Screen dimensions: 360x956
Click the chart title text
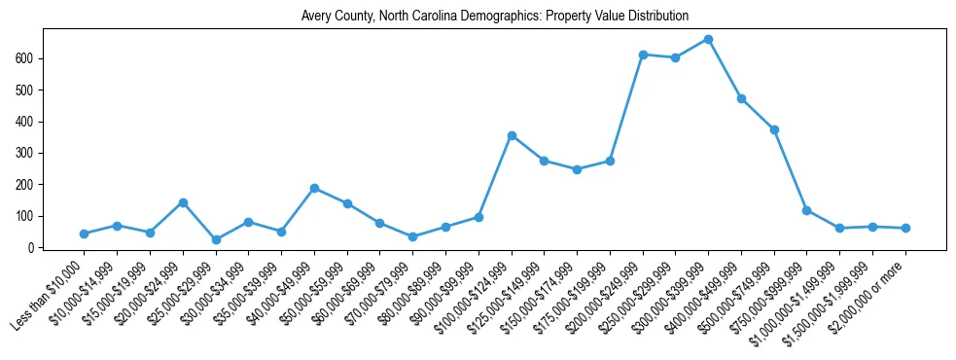[480, 17]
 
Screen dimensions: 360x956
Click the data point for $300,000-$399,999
[708, 40]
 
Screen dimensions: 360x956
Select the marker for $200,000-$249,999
[643, 54]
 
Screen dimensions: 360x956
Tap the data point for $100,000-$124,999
[512, 135]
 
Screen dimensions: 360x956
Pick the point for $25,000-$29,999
[216, 239]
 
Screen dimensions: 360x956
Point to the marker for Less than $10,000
[85, 234]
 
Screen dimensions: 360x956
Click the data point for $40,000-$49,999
[314, 188]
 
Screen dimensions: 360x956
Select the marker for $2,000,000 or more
[905, 228]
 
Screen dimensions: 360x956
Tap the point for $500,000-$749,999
[774, 129]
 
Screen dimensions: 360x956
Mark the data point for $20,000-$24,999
[183, 202]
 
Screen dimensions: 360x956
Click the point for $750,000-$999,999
[807, 210]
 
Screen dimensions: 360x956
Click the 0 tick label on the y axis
[33, 247]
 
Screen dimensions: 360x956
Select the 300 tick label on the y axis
[26, 153]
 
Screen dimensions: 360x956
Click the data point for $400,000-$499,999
[741, 98]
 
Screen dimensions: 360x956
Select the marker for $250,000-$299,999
[676, 57]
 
